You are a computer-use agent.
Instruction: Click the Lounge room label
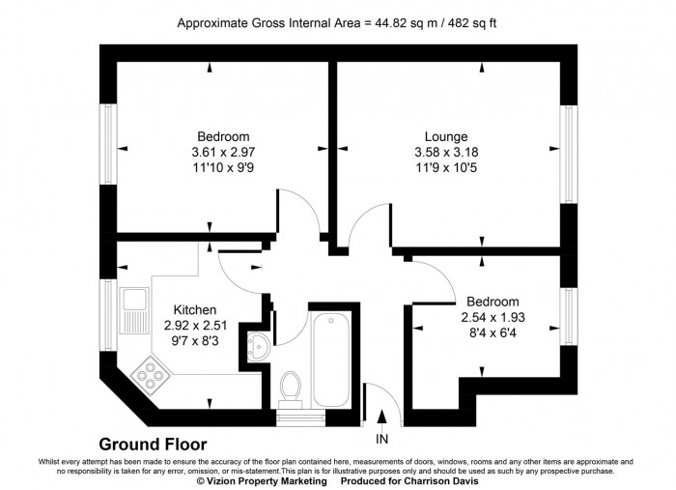point(445,136)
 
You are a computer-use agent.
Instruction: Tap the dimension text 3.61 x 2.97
point(224,152)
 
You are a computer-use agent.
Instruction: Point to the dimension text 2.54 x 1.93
point(493,317)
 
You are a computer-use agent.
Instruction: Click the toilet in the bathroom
point(289,389)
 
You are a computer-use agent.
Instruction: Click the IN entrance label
point(382,439)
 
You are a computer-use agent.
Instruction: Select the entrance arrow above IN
point(382,418)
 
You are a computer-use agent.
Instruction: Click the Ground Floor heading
point(153,445)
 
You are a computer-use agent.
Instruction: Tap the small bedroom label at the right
point(493,302)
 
